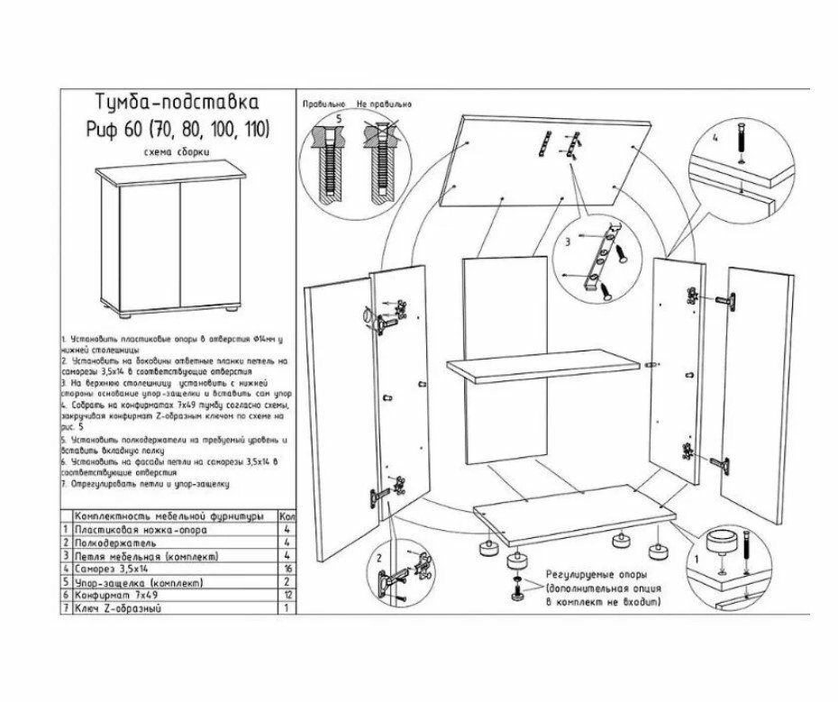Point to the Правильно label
click(x=324, y=104)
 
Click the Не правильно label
click(x=386, y=104)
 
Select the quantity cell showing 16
click(x=286, y=570)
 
